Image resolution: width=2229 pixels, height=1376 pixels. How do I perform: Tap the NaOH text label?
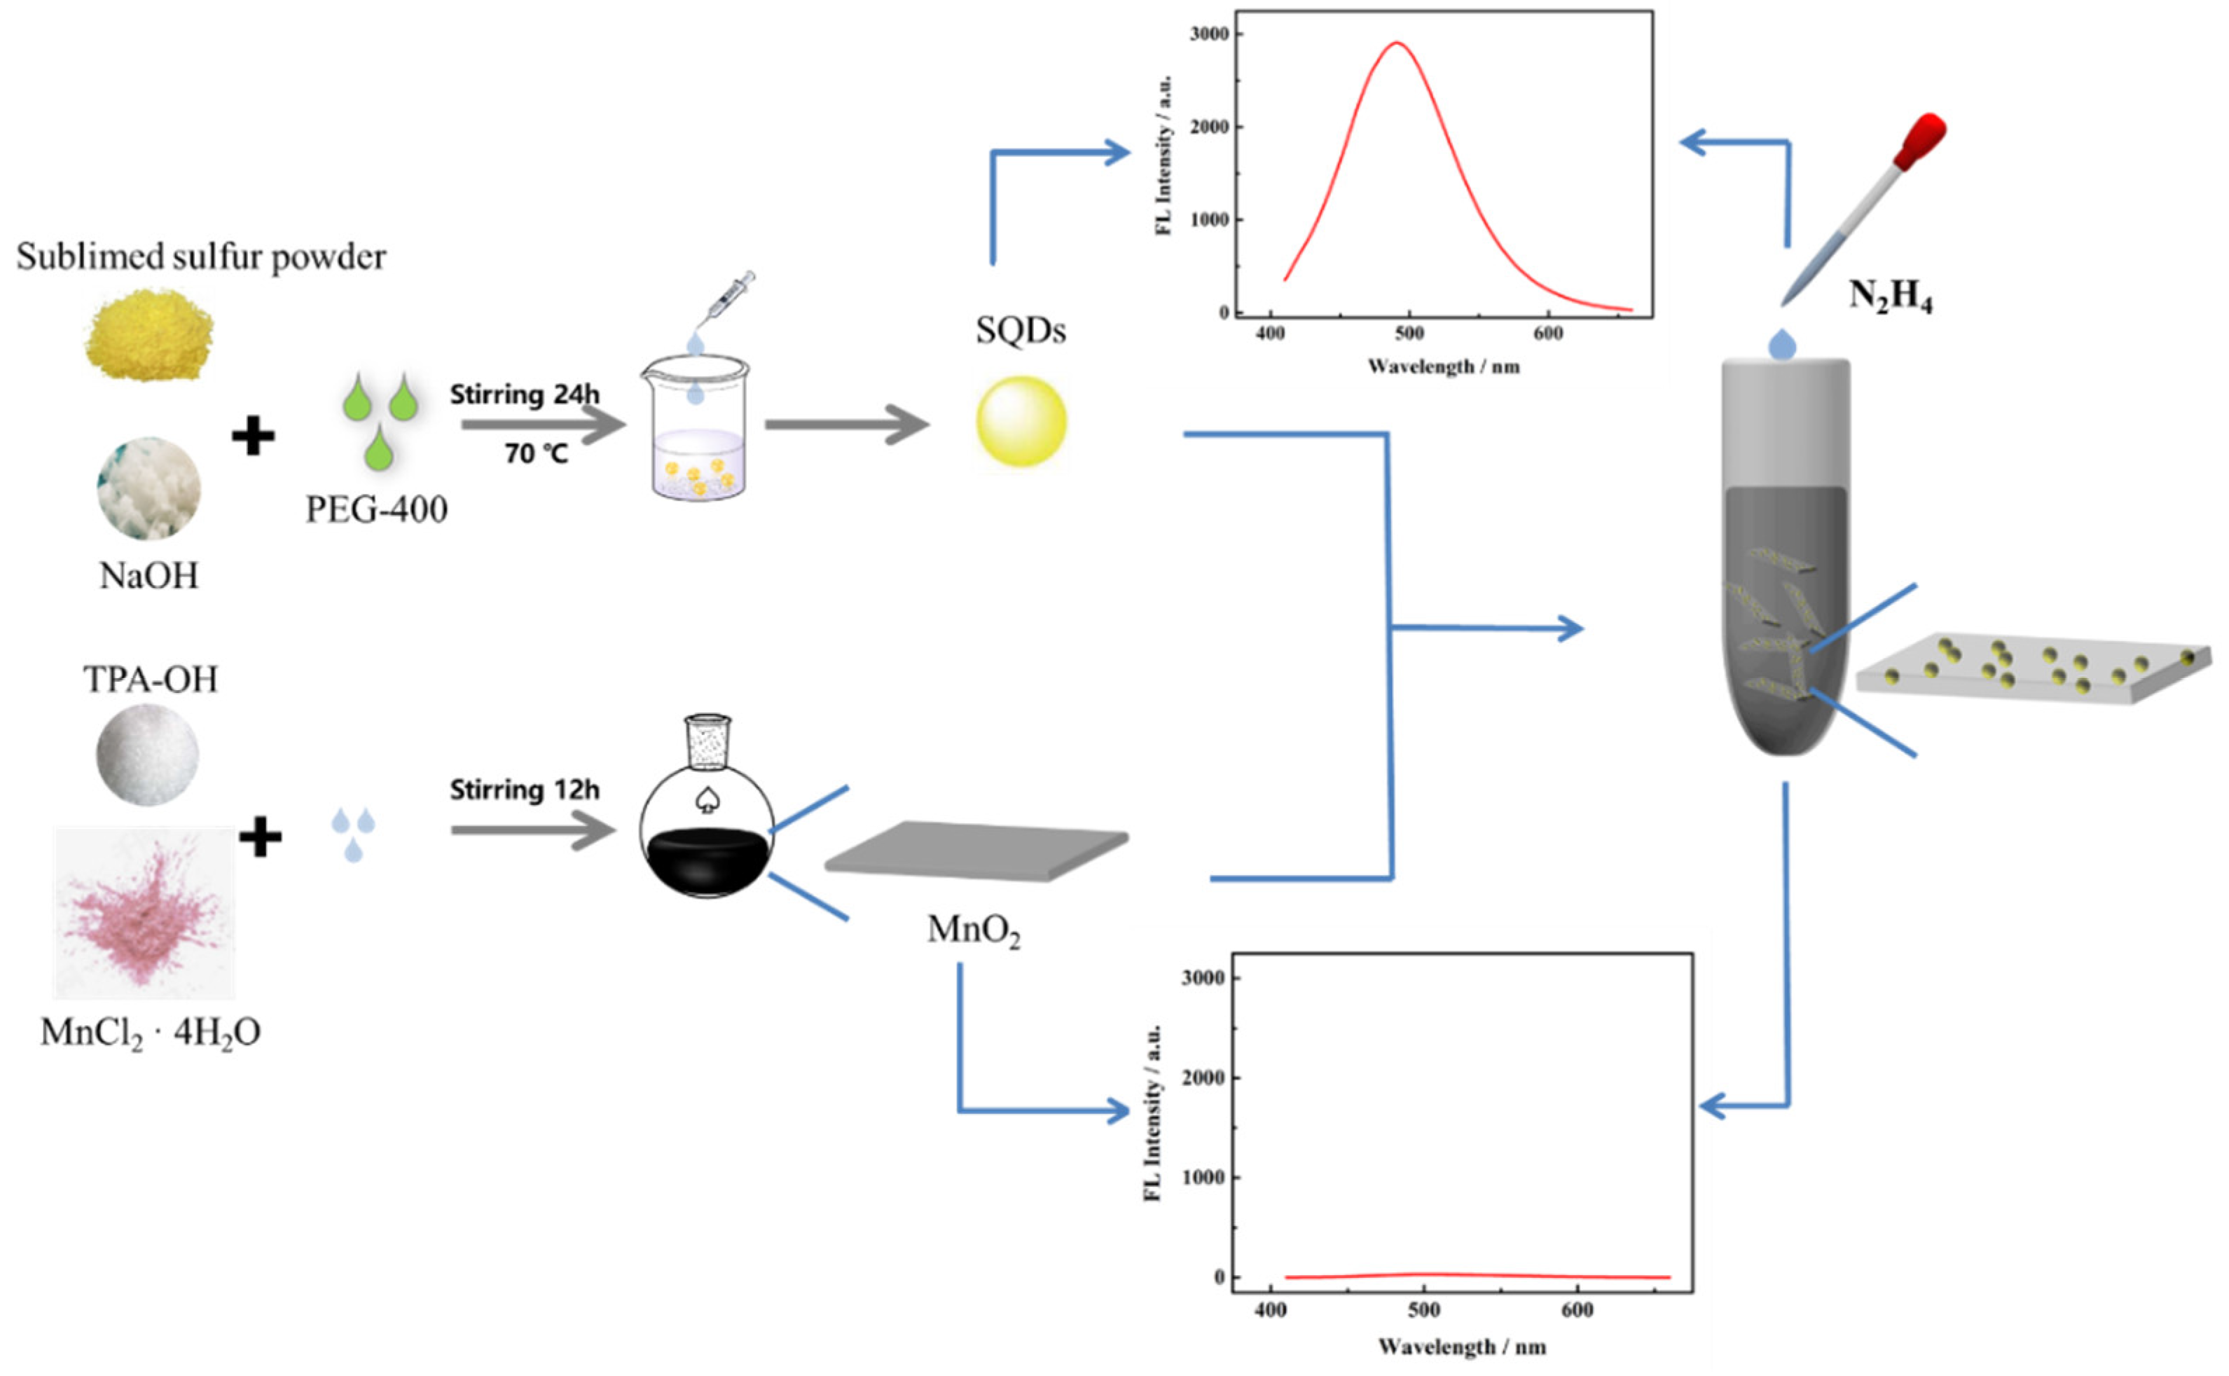tap(149, 576)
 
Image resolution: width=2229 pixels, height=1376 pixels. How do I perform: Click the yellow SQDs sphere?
tap(1021, 421)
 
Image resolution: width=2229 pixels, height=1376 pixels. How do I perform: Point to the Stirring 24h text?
tap(524, 395)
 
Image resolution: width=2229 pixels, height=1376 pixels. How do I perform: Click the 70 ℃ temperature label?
tap(536, 453)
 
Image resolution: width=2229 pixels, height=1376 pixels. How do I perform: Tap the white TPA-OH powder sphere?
tap(146, 755)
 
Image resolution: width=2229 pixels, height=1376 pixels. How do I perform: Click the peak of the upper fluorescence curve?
tap(1397, 43)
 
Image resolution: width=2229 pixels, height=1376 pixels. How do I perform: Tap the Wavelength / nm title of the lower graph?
tap(1462, 1347)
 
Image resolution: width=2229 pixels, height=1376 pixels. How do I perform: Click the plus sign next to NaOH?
tap(253, 436)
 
